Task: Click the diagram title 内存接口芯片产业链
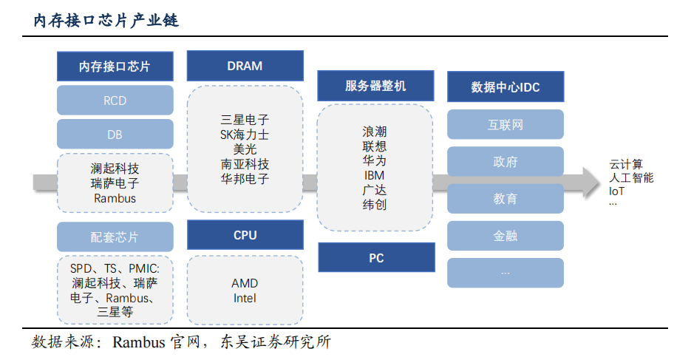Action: click(x=106, y=21)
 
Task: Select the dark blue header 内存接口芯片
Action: click(x=115, y=67)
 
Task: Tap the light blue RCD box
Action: click(x=115, y=101)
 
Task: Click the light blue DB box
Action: click(x=115, y=135)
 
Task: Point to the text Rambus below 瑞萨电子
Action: click(x=115, y=198)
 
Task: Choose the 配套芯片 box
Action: click(x=115, y=237)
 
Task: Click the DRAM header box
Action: click(x=245, y=66)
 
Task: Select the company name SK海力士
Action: click(x=245, y=135)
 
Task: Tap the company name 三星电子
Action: click(x=245, y=120)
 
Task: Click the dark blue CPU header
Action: click(x=245, y=235)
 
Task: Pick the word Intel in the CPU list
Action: click(x=245, y=299)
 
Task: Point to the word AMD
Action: click(x=245, y=284)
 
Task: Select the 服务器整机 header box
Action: click(x=375, y=86)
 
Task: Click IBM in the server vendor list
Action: click(x=375, y=176)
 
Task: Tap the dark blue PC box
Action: click(x=375, y=258)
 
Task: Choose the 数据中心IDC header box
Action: click(x=506, y=87)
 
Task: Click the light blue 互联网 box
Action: click(x=506, y=125)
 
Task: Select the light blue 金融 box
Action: click(x=506, y=236)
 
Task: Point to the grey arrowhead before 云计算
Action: click(x=590, y=182)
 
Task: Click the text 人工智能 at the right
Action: click(x=630, y=178)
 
